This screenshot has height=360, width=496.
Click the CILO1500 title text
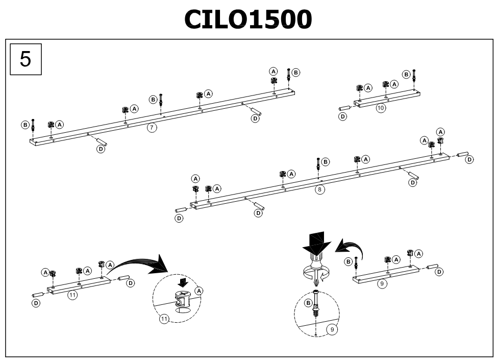pos(248,19)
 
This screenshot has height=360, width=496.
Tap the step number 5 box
pos(26,59)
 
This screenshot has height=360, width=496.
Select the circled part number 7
pos(152,128)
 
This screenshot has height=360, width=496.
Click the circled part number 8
pos(320,189)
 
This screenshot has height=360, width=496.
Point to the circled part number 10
pos(381,108)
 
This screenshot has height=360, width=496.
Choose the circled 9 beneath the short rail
pos(382,283)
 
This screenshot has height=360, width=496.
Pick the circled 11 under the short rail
pos(72,295)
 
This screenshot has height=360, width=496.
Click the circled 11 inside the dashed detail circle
pos(164,319)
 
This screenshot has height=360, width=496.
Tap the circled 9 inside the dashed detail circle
pos(332,329)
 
